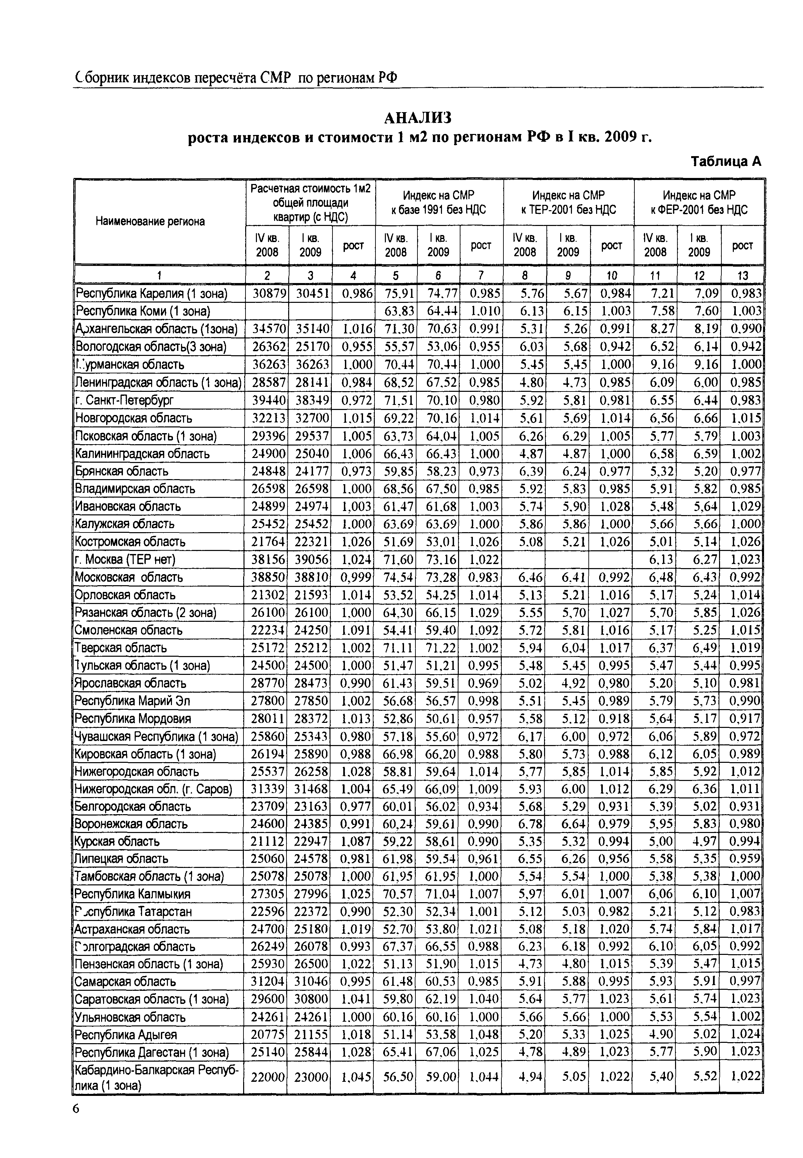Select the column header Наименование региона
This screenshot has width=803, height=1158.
click(x=150, y=221)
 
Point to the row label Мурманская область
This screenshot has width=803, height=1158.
click(x=130, y=365)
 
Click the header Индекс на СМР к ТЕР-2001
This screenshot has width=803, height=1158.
click(x=569, y=202)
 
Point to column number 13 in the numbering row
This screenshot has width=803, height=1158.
click(x=742, y=275)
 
